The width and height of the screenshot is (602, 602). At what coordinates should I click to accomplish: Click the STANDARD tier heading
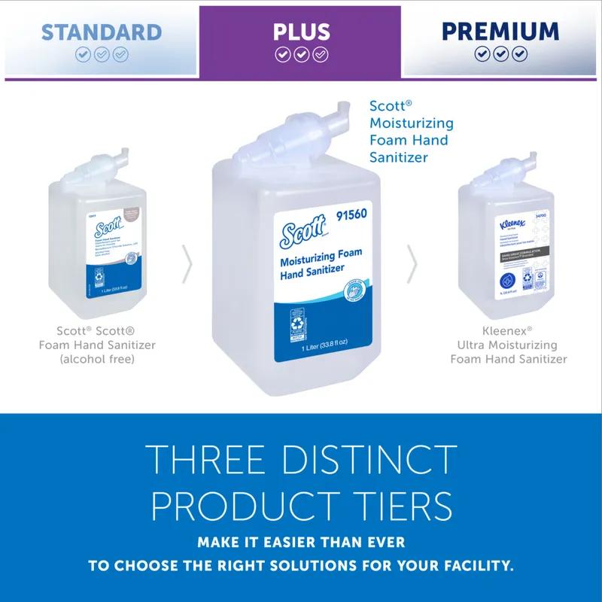point(101,32)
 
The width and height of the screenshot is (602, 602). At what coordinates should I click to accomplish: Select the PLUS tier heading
point(301,32)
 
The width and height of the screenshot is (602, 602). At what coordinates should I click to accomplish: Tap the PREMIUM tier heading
point(500,32)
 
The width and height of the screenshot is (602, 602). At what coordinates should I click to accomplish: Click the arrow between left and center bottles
point(188,264)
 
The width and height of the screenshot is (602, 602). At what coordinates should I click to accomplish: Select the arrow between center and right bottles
point(412,264)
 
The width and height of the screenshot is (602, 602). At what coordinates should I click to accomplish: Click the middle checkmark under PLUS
point(301,54)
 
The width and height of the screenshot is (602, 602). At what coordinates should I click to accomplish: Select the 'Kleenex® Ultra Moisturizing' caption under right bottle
point(509,338)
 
